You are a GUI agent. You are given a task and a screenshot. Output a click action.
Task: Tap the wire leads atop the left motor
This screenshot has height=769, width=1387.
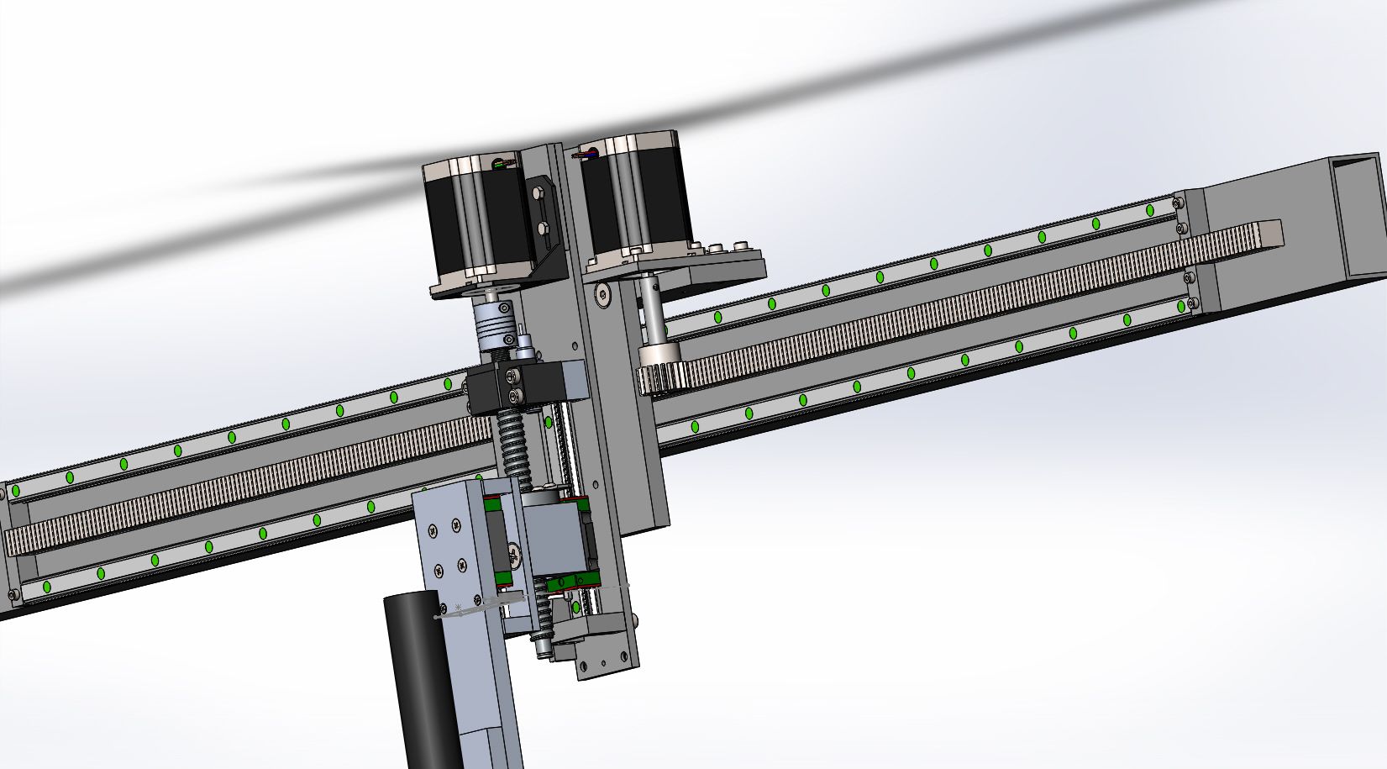click(x=504, y=165)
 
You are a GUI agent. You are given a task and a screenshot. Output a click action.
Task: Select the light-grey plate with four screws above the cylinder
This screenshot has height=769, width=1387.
click(x=445, y=546)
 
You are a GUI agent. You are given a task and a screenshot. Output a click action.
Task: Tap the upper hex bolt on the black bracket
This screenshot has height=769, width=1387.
click(x=539, y=194)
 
